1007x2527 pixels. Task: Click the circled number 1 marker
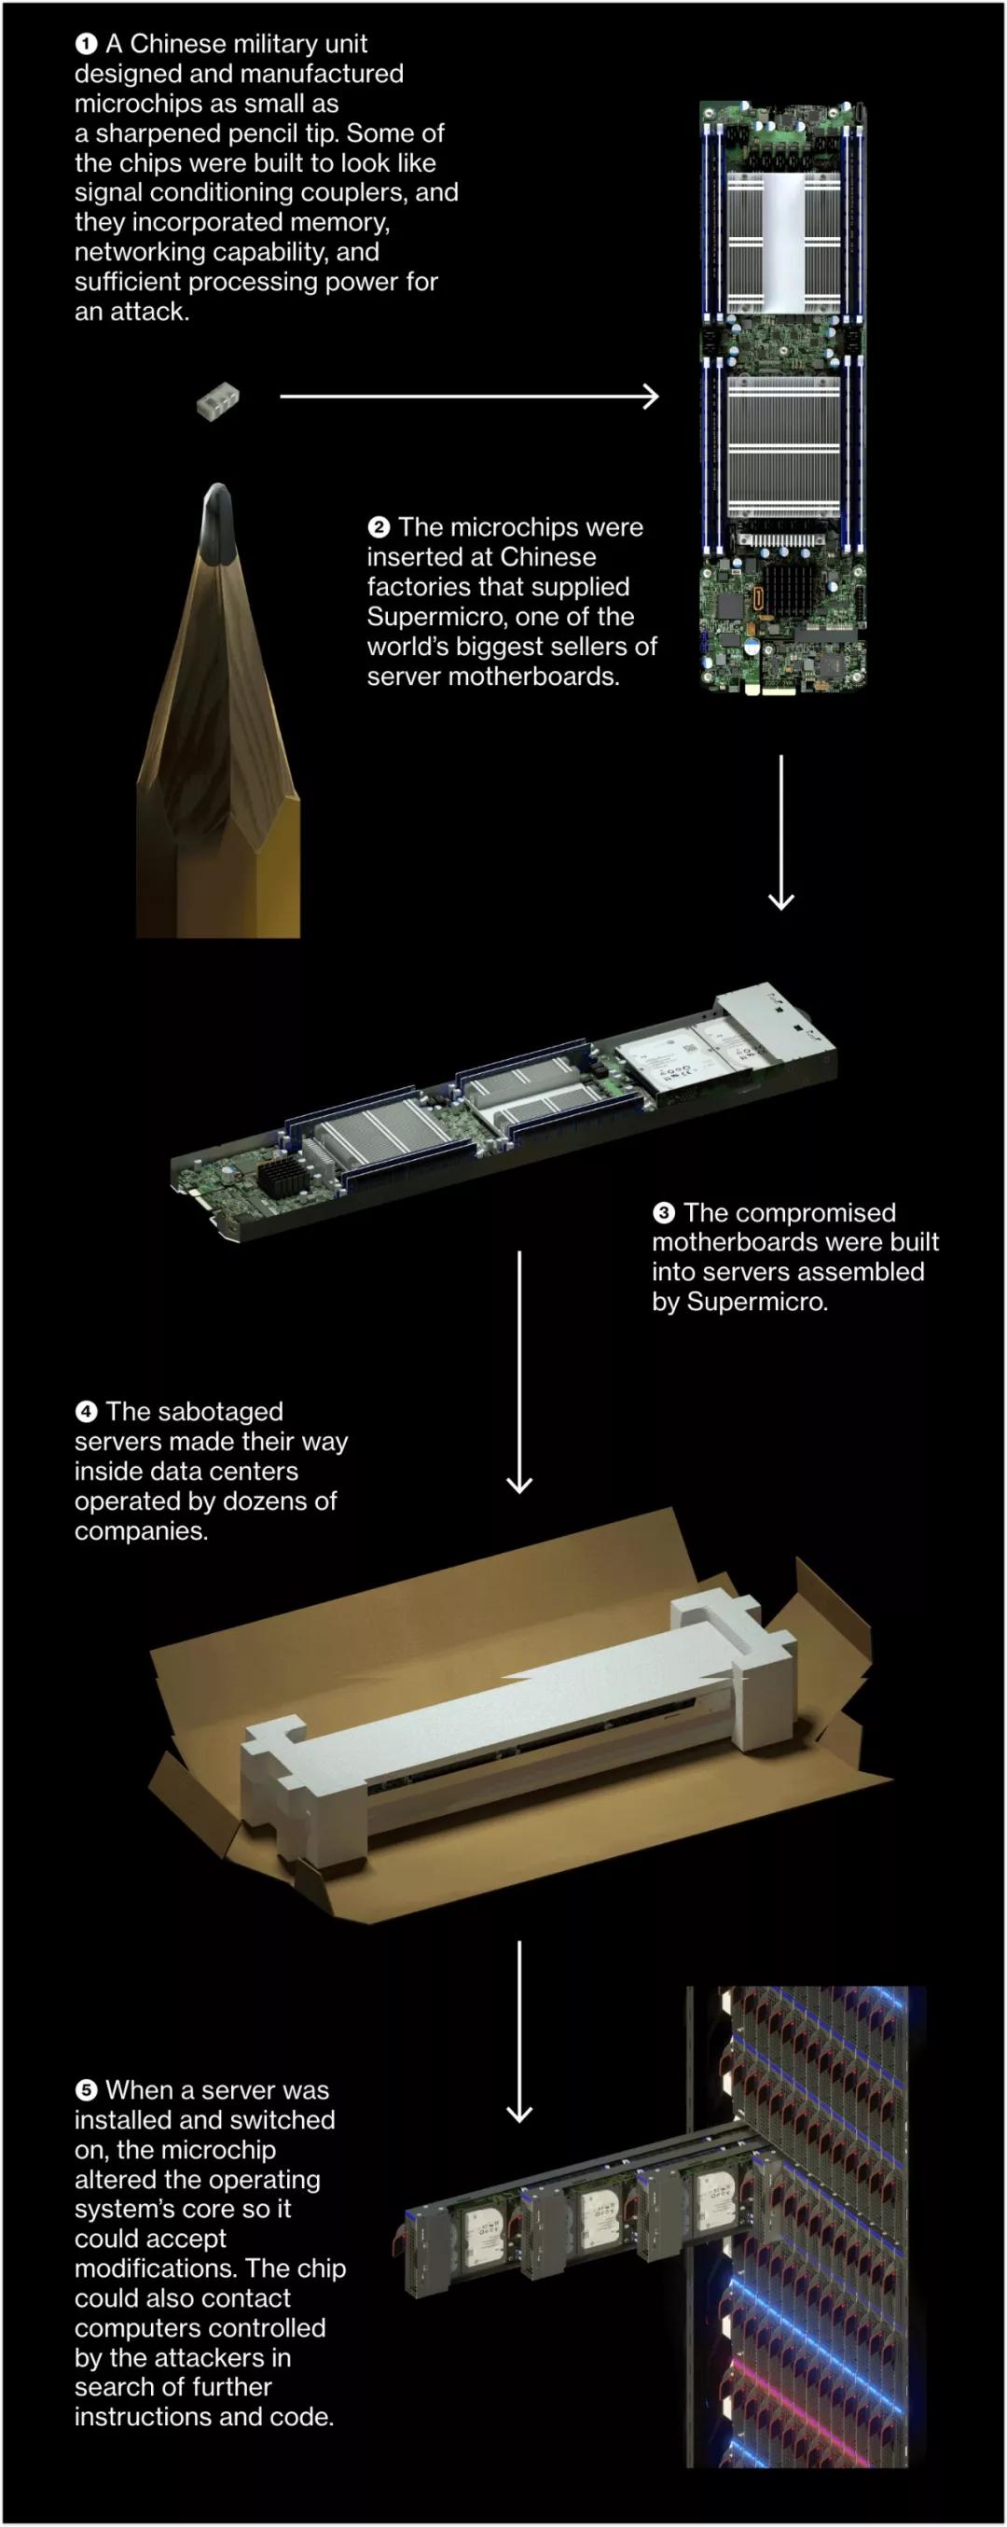(87, 44)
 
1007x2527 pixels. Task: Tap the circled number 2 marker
(379, 528)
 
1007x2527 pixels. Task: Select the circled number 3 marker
(664, 1213)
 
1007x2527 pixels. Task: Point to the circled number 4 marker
(87, 1412)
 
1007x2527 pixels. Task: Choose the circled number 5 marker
(87, 2090)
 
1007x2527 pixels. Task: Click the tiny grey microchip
(217, 400)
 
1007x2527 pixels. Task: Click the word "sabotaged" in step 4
(194, 1412)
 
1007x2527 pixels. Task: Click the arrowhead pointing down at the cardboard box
(518, 1485)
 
